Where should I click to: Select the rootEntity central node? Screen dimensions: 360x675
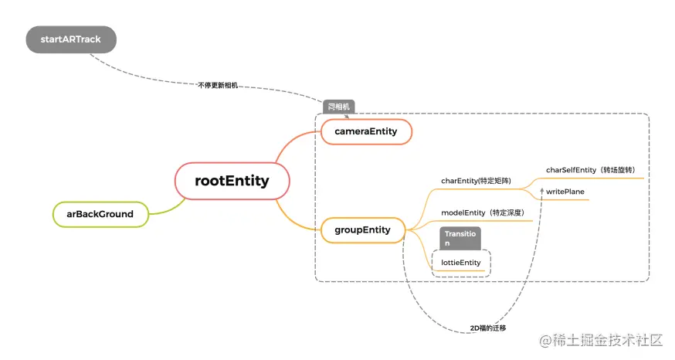[x=232, y=182]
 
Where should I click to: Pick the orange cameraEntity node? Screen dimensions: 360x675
[x=365, y=131]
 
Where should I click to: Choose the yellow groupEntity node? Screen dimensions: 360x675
[x=362, y=229]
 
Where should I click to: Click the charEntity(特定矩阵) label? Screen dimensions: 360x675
[x=476, y=181]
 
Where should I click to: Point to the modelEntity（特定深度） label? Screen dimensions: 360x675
[x=483, y=212]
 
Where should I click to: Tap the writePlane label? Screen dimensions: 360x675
[x=566, y=191]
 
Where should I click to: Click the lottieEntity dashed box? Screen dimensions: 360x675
[x=461, y=263]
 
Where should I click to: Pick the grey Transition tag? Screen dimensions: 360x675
[x=461, y=238]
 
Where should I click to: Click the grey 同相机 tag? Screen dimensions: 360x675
[x=338, y=107]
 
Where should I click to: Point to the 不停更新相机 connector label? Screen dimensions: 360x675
[x=217, y=85]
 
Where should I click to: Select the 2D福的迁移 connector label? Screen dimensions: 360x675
[x=488, y=328]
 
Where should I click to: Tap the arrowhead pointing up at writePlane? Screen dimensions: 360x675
[x=542, y=190]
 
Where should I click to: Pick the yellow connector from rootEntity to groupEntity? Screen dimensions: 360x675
[x=297, y=220]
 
